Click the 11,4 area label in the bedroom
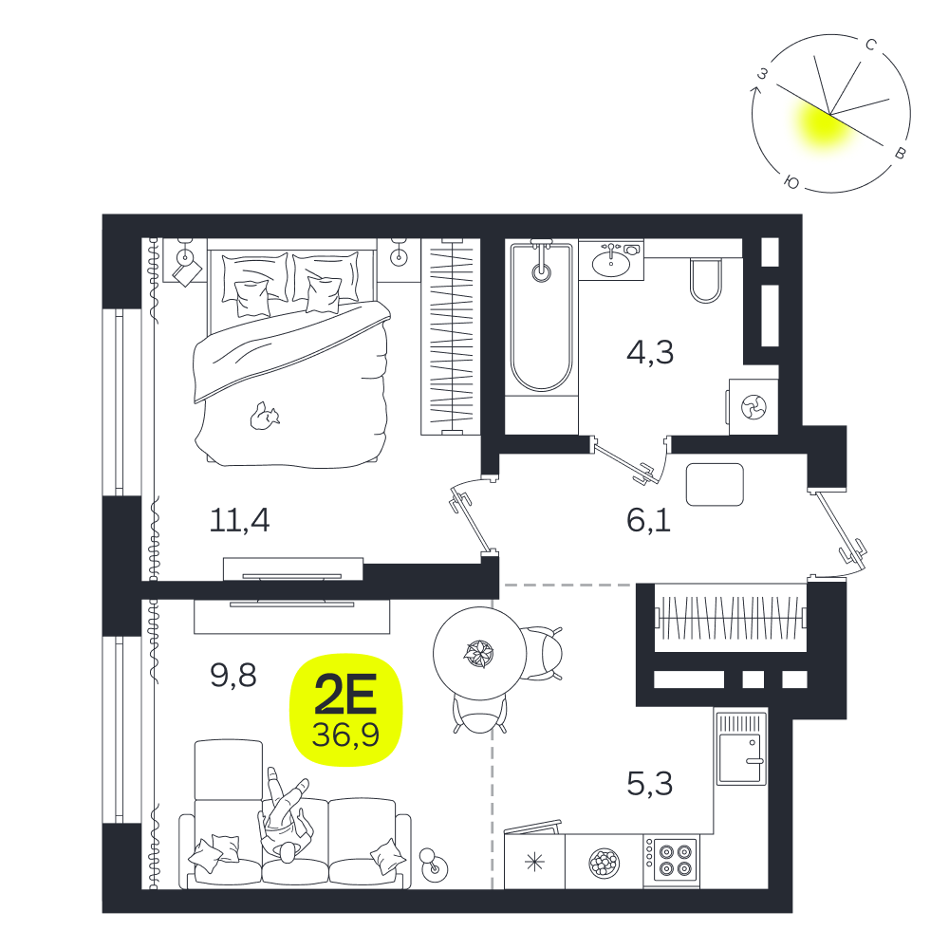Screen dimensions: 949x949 pyautogui.click(x=240, y=520)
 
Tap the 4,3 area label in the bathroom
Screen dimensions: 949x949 pyautogui.click(x=650, y=352)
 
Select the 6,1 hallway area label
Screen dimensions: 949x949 pyautogui.click(x=649, y=520)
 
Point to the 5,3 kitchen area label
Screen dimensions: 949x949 pyautogui.click(x=650, y=784)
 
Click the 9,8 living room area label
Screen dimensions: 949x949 pyautogui.click(x=233, y=675)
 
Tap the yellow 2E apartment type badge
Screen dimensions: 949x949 pyautogui.click(x=346, y=710)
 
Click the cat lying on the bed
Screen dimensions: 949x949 pyautogui.click(x=265, y=417)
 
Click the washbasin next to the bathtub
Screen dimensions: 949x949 pyautogui.click(x=611, y=262)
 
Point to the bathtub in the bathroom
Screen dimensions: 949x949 pyautogui.click(x=541, y=318)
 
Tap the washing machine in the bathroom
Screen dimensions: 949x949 pyautogui.click(x=754, y=406)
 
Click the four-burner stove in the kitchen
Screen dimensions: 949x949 pyautogui.click(x=671, y=861)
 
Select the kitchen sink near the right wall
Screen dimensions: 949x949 pyautogui.click(x=741, y=749)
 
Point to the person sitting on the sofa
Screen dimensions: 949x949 pyautogui.click(x=287, y=814)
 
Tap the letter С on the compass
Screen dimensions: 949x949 pyautogui.click(x=871, y=45)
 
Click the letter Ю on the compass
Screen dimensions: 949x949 pyautogui.click(x=791, y=181)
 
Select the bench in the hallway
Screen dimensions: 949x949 pyautogui.click(x=715, y=484)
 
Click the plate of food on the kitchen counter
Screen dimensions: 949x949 pyautogui.click(x=604, y=862)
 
